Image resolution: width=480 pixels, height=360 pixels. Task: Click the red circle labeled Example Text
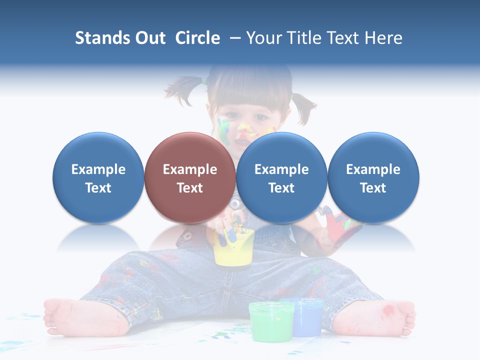[x=189, y=177]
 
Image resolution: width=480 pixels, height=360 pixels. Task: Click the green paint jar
[x=271, y=322]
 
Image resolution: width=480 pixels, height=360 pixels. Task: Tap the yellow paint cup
[x=234, y=248]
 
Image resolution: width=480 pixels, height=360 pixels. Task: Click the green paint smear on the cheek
[x=222, y=128]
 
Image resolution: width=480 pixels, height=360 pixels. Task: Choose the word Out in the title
[x=150, y=38]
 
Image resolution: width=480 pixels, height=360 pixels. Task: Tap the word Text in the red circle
[x=189, y=188]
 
